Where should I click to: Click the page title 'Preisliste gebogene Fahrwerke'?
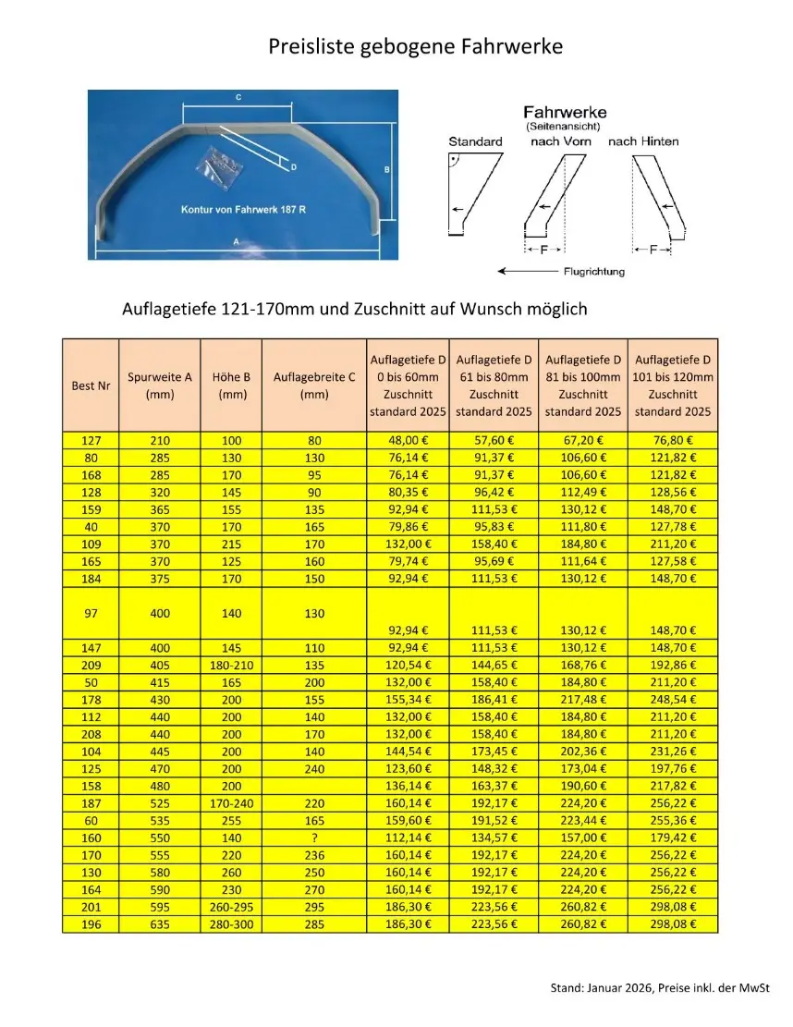415,46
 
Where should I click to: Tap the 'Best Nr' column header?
91,385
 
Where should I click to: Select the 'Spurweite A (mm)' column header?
160,385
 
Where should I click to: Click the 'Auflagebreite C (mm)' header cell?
314,385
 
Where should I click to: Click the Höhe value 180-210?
231,665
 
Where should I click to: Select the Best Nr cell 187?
91,802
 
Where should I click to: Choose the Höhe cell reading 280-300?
231,923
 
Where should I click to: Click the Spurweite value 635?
160,923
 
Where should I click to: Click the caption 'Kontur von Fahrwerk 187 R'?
243,210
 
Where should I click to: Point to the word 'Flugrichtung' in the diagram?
593,272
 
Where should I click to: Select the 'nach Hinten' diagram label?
643,141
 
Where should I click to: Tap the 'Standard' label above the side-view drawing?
475,141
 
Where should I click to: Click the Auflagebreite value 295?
314,906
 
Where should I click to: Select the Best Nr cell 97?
91,612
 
